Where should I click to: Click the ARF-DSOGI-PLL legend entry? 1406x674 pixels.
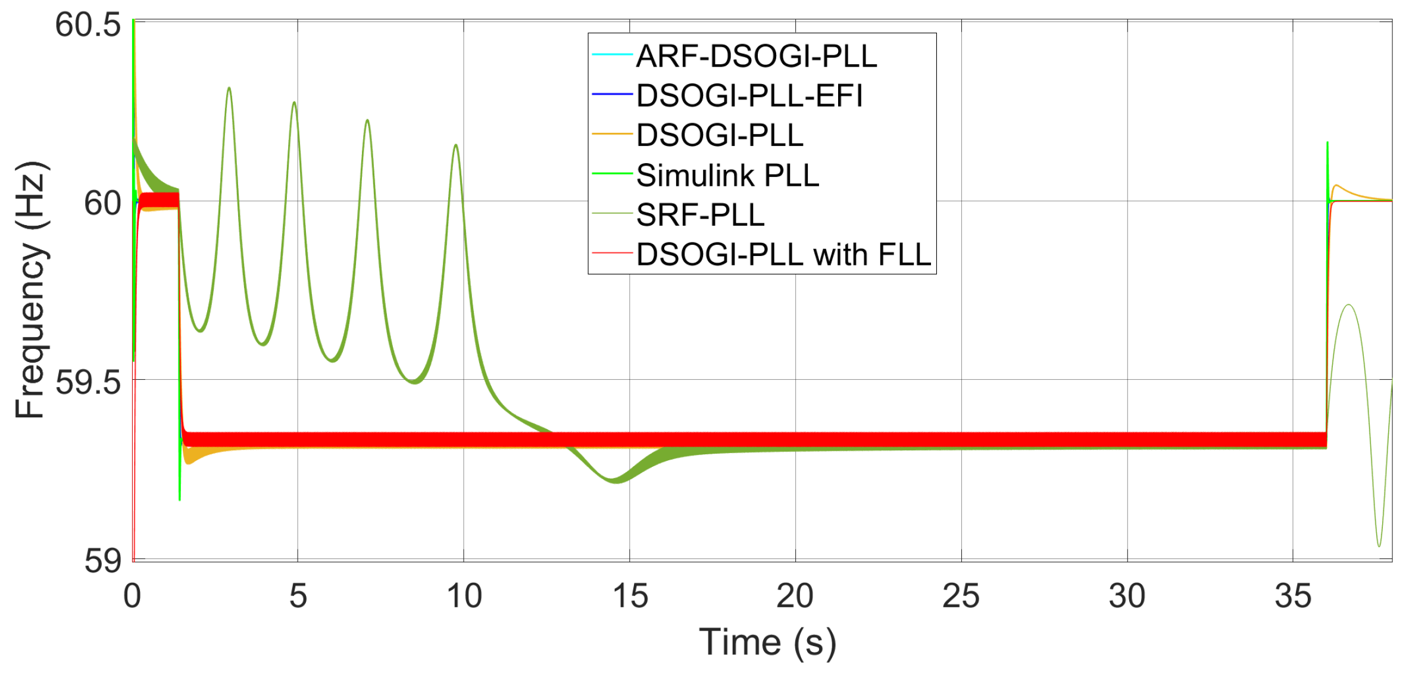click(x=756, y=57)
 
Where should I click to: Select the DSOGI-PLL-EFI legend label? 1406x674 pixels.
click(x=749, y=96)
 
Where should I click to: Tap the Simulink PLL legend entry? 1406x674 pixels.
click(x=727, y=176)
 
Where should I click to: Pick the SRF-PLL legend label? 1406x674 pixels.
click(x=700, y=215)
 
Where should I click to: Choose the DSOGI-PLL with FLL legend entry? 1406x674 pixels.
click(x=783, y=255)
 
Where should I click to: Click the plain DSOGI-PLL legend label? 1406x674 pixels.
click(x=720, y=136)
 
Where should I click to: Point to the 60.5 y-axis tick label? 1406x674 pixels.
click(x=88, y=25)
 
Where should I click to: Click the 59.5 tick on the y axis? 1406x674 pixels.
click(x=88, y=382)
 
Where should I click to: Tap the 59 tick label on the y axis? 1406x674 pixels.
click(x=102, y=560)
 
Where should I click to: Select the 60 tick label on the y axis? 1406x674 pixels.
click(x=102, y=204)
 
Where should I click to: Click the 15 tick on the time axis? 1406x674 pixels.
click(x=630, y=596)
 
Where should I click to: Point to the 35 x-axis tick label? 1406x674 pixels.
click(x=1293, y=596)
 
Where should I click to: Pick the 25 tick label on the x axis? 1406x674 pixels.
click(x=961, y=596)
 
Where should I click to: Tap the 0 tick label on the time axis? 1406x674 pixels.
click(x=132, y=596)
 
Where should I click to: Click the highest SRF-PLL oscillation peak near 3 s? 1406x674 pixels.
click(x=229, y=89)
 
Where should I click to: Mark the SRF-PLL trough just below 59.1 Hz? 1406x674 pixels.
click(x=1379, y=545)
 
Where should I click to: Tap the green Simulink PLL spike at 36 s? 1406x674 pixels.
click(x=1327, y=143)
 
